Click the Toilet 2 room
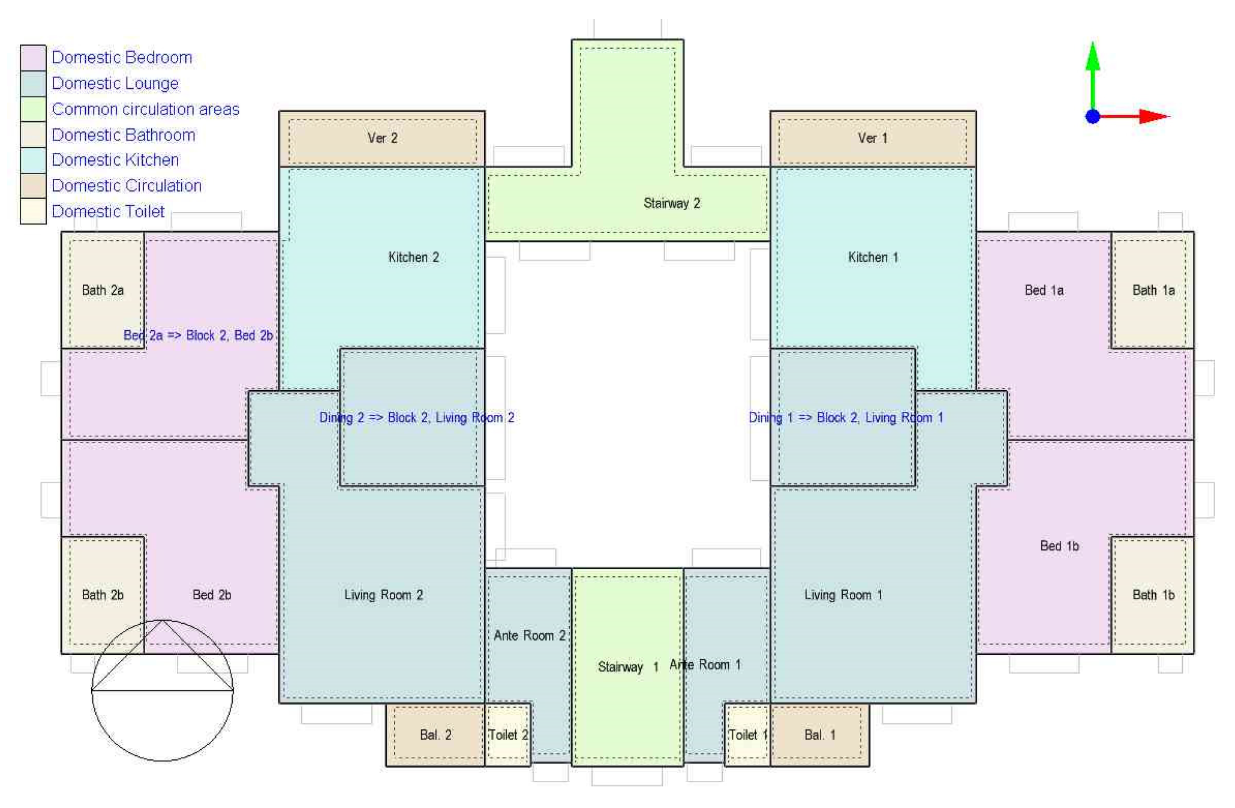507,734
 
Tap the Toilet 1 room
747,734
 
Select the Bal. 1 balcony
819,734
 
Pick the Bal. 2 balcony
435,734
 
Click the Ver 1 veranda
873,139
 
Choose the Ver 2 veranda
382,139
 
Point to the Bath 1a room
1152,290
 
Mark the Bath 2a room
103,290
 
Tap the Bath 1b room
1152,594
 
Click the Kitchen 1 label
873,257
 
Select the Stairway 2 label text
672,204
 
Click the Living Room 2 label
383,595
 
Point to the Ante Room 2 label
529,635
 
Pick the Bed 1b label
1059,546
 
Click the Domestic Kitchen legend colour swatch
33,160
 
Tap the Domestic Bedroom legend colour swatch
33,58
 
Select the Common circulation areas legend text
146,109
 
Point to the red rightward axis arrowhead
1155,116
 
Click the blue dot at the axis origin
1093,116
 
